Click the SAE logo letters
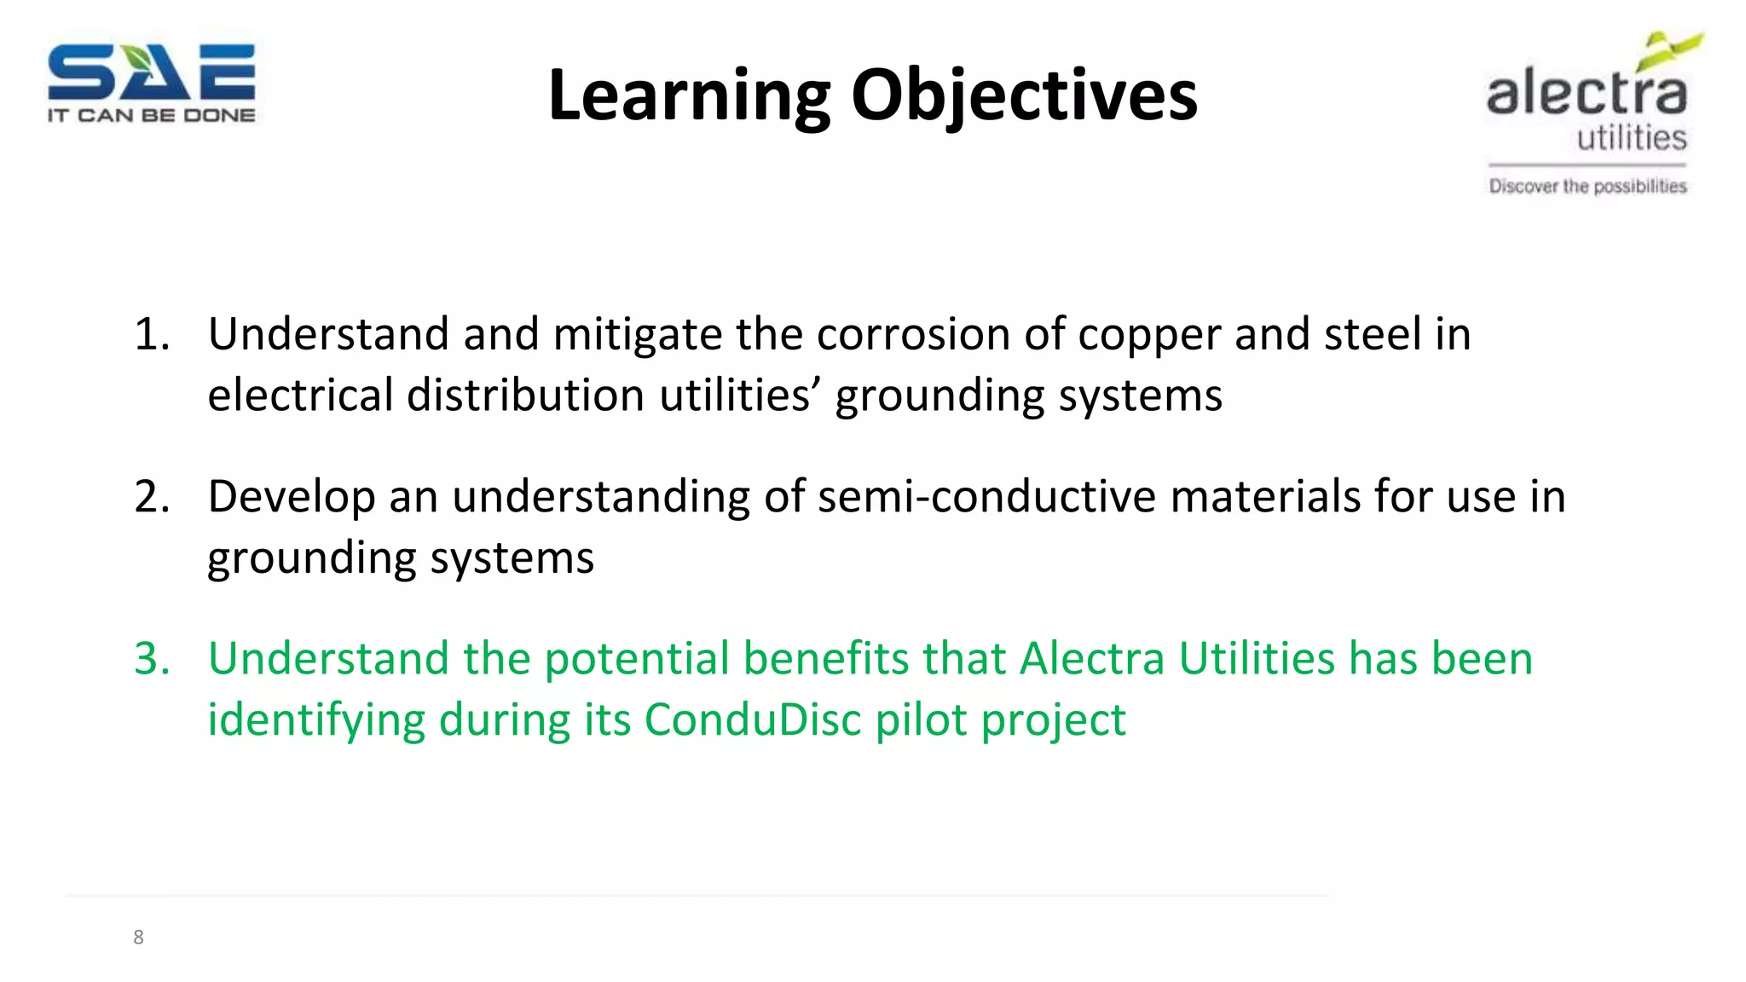tap(151, 72)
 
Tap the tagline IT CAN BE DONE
tap(151, 115)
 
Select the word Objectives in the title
tap(1024, 95)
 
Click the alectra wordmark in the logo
tap(1587, 93)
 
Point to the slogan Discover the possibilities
tap(1587, 186)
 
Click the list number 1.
tap(151, 334)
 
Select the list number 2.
tap(151, 497)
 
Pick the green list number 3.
tap(151, 659)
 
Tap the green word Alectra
tap(1091, 659)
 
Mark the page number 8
tap(138, 938)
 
